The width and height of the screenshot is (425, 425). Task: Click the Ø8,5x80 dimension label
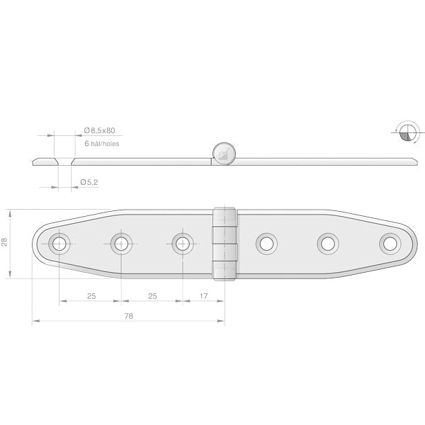click(x=99, y=130)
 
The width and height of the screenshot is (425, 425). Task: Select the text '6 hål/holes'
click(x=101, y=144)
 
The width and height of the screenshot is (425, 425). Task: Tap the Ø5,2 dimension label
click(x=89, y=182)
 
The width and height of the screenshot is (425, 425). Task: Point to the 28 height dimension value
click(x=5, y=242)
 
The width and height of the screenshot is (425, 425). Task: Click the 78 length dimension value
click(x=129, y=316)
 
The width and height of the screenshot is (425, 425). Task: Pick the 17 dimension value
click(x=203, y=296)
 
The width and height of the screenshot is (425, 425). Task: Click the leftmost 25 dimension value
click(x=91, y=296)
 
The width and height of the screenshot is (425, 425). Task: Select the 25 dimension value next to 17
click(x=152, y=296)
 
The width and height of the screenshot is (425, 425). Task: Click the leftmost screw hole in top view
click(x=59, y=244)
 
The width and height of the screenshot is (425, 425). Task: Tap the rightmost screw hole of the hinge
click(x=390, y=244)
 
